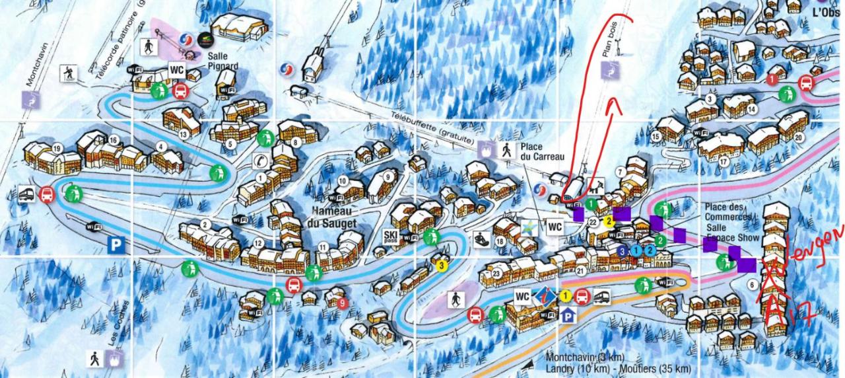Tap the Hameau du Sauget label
[332, 217]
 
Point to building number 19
[57, 148]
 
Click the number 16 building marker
[114, 139]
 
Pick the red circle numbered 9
[341, 303]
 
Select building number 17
[724, 161]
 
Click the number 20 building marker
[799, 137]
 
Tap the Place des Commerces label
[728, 212]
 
